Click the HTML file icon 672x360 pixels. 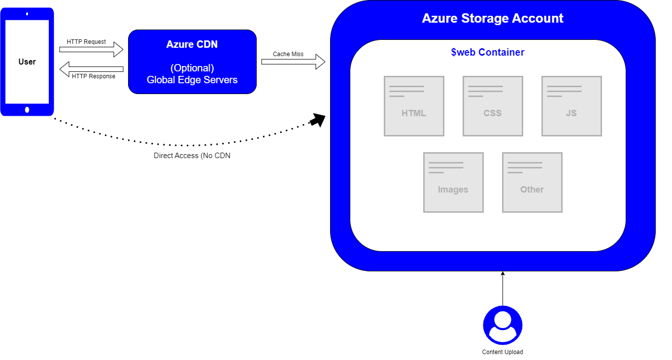(414, 106)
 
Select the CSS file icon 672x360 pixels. (493, 106)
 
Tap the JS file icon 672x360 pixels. (571, 106)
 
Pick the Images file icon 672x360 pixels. (453, 182)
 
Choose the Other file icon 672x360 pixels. (532, 182)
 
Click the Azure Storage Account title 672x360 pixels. (493, 19)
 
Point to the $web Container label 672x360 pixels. (488, 52)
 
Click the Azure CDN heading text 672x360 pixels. (192, 44)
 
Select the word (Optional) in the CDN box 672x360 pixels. (192, 68)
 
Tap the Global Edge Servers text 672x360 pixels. (192, 80)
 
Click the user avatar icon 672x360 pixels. (503, 326)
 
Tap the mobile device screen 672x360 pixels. (27, 62)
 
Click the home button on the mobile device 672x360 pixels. (27, 110)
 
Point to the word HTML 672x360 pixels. (414, 113)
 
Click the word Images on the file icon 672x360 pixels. (453, 190)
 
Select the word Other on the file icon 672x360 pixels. (532, 190)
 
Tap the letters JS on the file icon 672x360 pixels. (571, 113)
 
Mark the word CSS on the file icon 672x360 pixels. (493, 113)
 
